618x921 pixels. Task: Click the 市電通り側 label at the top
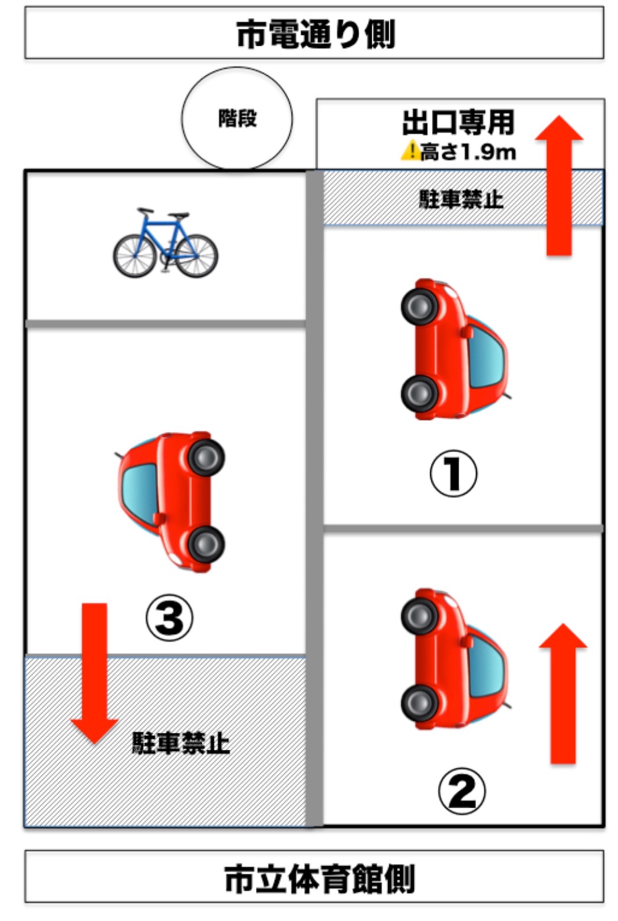click(x=315, y=34)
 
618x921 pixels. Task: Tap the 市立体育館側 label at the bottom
click(x=319, y=879)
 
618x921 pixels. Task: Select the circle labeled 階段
click(x=237, y=119)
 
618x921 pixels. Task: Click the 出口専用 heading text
click(x=458, y=123)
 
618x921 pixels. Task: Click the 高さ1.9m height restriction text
click(x=468, y=152)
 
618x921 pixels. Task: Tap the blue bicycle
click(x=165, y=244)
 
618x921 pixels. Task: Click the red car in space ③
click(x=172, y=501)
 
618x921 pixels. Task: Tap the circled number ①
click(x=453, y=473)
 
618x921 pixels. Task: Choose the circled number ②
click(x=461, y=791)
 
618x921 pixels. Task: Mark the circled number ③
click(x=169, y=619)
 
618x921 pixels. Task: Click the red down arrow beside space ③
click(x=94, y=672)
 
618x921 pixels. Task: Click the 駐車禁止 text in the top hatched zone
click(x=461, y=199)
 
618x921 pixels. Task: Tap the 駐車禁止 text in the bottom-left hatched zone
click(x=180, y=743)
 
